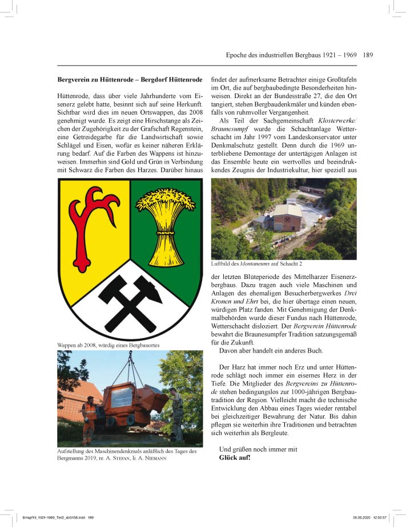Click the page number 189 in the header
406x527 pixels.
click(367, 55)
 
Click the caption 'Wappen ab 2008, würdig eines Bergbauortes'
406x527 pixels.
click(108, 346)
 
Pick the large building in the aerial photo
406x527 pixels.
click(287, 218)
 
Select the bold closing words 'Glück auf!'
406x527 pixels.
click(235, 458)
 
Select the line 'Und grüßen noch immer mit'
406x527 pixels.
click(258, 449)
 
